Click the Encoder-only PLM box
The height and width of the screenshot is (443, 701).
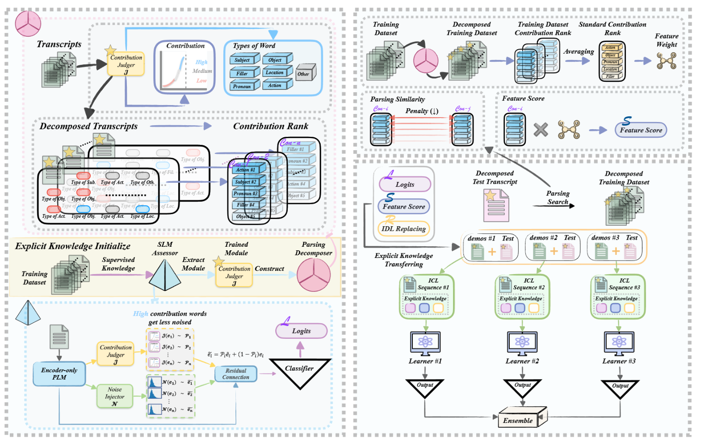(x=59, y=374)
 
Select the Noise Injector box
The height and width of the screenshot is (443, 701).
(x=115, y=397)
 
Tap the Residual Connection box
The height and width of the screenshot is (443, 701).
(x=236, y=374)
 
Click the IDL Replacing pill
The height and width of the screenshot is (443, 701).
(x=403, y=228)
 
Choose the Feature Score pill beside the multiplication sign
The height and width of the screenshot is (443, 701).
(x=641, y=130)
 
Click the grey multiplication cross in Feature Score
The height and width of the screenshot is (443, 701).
(x=541, y=130)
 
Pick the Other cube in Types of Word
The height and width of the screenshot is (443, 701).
(x=305, y=73)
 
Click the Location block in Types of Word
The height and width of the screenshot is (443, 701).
(x=276, y=72)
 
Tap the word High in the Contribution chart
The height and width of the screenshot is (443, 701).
(x=201, y=62)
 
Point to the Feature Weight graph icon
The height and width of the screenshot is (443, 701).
(x=666, y=61)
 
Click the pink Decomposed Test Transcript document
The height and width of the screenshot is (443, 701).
(x=495, y=205)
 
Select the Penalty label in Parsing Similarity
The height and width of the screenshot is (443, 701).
(x=422, y=111)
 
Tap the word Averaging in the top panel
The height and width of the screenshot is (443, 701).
(x=579, y=51)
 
